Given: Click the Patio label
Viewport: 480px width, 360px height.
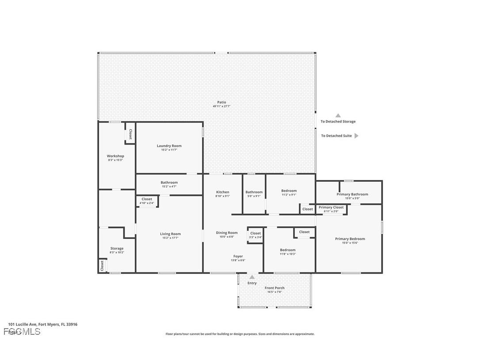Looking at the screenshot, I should (221, 102).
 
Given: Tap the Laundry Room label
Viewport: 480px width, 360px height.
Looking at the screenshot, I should (169, 146).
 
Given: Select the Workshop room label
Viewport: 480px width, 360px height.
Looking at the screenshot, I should (115, 156).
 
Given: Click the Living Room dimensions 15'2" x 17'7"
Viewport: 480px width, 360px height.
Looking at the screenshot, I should (170, 238).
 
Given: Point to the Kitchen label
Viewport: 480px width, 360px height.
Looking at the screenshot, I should (222, 192).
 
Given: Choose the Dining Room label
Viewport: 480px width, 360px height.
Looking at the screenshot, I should (227, 233).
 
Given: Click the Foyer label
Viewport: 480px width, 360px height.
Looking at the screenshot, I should (238, 256).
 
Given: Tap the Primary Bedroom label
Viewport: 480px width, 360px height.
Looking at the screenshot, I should (350, 239).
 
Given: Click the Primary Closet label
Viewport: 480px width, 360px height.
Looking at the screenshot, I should (331, 207).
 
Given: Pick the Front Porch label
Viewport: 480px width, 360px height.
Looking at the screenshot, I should (274, 288).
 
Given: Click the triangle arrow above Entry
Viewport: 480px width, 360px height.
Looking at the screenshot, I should (252, 277).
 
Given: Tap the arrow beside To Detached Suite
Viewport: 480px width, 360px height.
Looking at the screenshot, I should (357, 136).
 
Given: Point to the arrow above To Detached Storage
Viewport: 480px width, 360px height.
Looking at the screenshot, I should (338, 115).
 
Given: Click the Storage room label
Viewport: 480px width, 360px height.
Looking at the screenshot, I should (117, 249).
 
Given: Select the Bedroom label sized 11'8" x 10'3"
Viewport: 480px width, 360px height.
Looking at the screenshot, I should (287, 250).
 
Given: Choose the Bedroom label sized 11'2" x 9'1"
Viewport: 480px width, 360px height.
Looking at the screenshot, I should (289, 191).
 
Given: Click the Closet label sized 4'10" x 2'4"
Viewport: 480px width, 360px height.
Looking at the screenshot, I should (147, 199).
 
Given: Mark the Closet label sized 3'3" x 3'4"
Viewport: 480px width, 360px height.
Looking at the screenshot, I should (255, 233).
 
